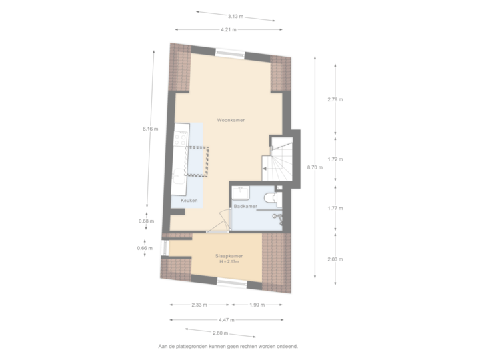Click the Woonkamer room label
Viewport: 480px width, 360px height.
231,120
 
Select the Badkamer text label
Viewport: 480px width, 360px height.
245,207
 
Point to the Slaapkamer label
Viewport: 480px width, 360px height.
228,256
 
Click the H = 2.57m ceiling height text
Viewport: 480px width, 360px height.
229,262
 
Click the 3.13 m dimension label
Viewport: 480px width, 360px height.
235,16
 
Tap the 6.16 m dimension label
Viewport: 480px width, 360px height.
149,129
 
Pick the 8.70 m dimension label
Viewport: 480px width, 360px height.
314,167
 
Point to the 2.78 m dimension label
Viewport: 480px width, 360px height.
335,100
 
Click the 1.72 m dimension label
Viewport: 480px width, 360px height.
335,159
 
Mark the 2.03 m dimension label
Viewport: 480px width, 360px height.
335,259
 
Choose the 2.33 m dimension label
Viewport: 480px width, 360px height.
199,305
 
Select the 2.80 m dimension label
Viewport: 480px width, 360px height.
221,333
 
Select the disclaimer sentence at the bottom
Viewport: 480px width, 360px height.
228,346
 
